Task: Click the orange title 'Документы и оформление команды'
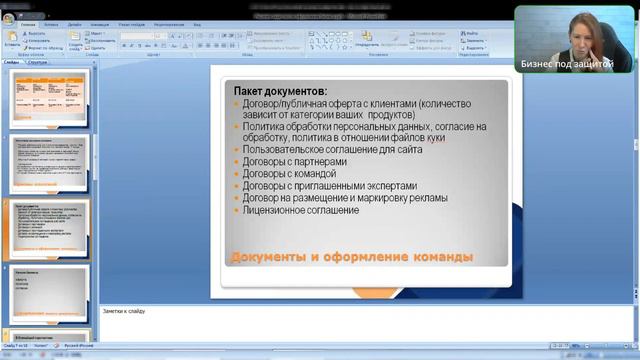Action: click(351, 258)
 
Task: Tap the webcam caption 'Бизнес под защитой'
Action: click(566, 62)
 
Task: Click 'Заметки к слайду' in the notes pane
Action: click(124, 311)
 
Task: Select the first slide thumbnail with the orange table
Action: click(51, 97)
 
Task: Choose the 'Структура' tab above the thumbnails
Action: click(38, 62)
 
